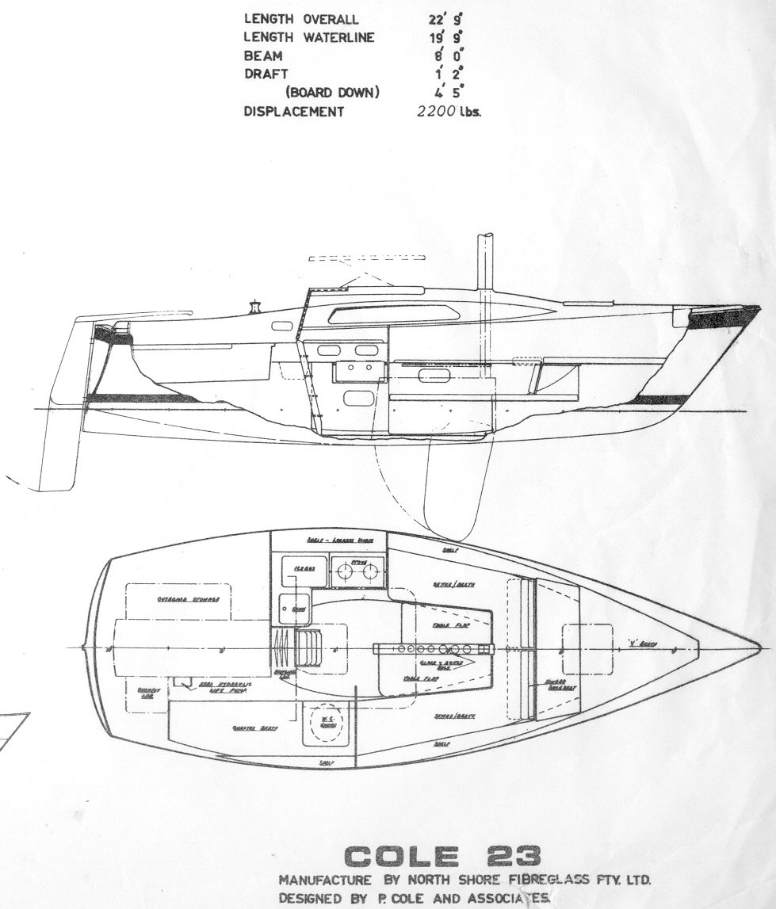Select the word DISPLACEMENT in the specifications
pos(293,112)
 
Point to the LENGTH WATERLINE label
pos(309,37)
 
